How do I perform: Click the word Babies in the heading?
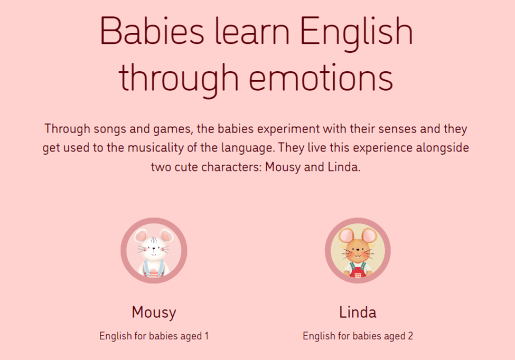point(152,31)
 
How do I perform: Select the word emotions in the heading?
point(321,78)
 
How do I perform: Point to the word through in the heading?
point(179,80)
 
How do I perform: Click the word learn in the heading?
point(252,31)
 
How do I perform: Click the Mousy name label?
point(154,312)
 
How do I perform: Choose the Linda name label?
point(358,312)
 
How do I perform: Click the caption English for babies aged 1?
point(154,336)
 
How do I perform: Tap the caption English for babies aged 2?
point(358,336)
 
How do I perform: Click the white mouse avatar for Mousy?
point(154,251)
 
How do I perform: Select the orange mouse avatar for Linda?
point(358,251)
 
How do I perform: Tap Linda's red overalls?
point(358,271)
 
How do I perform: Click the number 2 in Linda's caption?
point(410,336)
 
